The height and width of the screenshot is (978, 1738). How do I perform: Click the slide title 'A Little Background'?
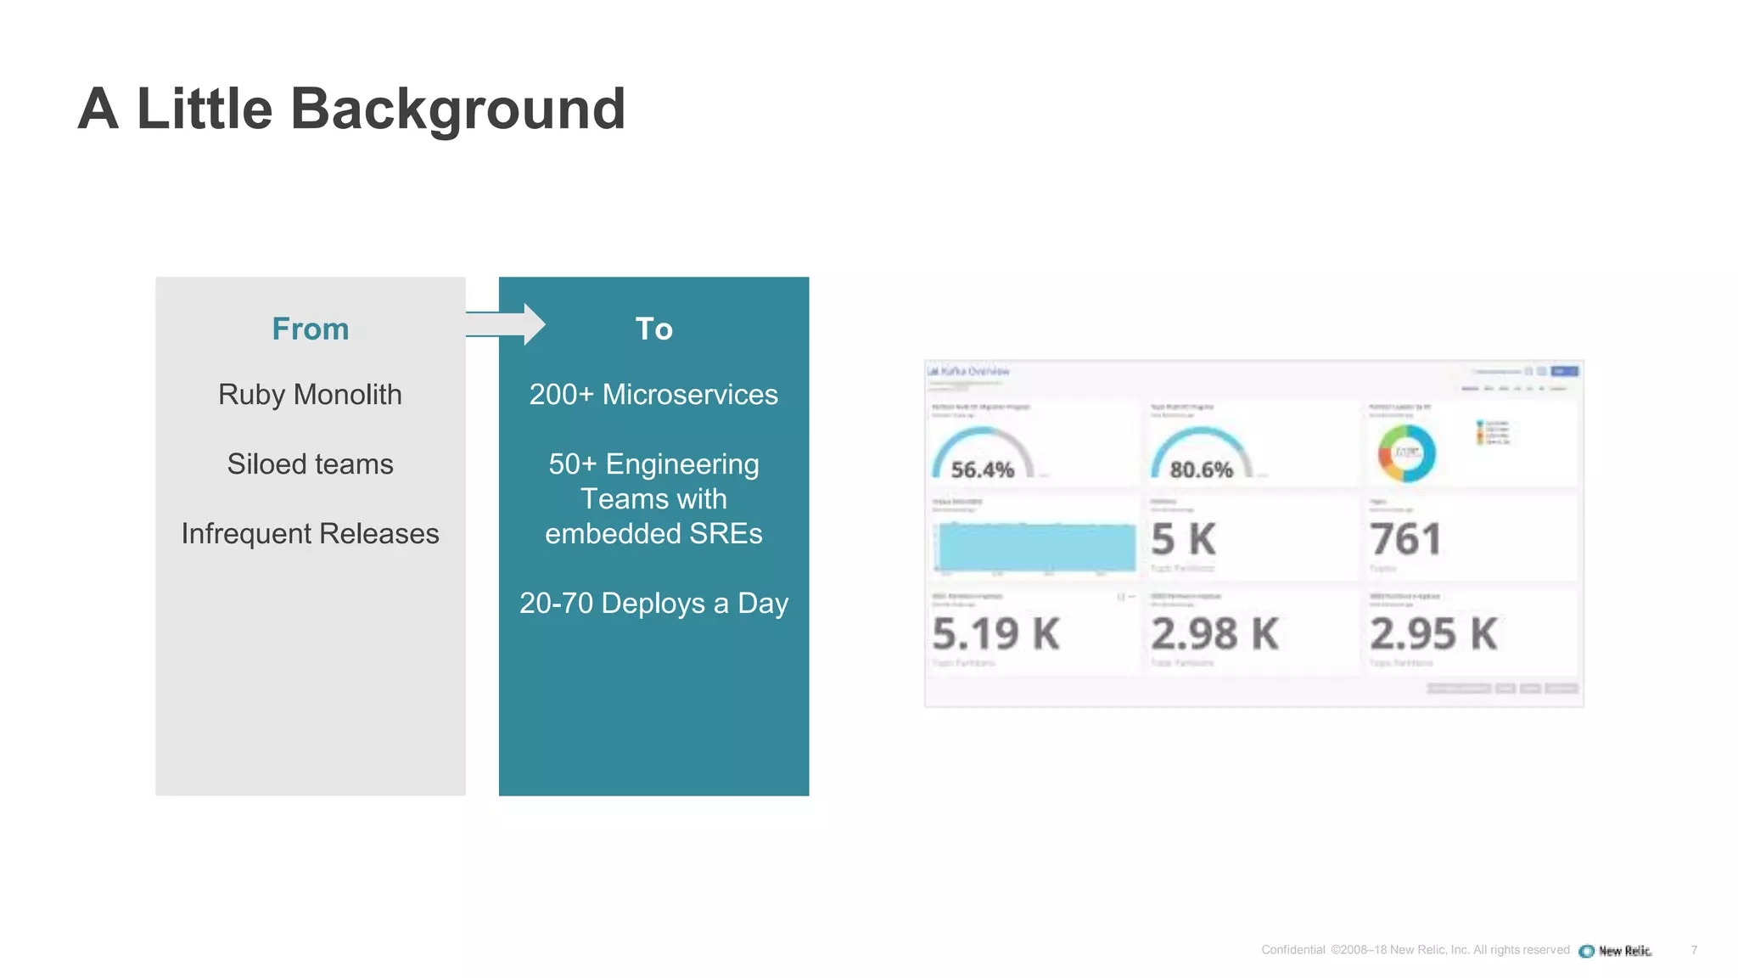(351, 109)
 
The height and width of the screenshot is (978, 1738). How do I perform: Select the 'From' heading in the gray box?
(310, 329)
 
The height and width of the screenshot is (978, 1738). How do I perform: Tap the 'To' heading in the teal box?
(653, 329)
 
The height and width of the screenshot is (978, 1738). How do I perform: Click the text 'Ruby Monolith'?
(310, 395)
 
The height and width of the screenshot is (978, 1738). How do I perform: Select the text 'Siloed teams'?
(310, 464)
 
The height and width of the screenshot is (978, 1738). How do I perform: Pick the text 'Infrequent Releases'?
(310, 534)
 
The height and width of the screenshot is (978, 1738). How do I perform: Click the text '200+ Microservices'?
(653, 395)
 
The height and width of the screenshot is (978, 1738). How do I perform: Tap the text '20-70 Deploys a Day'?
(653, 604)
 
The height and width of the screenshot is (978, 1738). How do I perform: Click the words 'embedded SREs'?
(653, 534)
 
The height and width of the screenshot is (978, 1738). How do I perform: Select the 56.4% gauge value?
(982, 469)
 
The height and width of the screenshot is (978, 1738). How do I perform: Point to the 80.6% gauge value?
(1201, 469)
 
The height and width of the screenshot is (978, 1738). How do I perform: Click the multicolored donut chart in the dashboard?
(1406, 453)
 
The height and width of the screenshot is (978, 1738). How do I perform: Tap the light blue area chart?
(1036, 547)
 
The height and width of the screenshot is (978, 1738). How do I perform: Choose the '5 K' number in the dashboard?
(1183, 539)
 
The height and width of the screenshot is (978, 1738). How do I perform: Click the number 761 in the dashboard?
(1405, 539)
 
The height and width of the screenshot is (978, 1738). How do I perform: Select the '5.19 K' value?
(995, 634)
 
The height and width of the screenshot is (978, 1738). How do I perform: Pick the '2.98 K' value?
(1214, 634)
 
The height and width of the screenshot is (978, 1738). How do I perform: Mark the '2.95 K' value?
(1433, 634)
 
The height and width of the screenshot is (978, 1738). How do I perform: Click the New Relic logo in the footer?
(1615, 951)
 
